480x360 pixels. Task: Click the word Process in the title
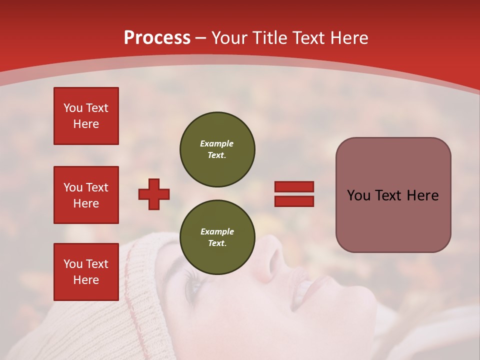[x=157, y=38]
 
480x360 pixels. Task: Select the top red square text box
[x=86, y=116]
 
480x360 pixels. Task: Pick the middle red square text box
[x=86, y=195]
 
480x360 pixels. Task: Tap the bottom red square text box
[x=86, y=271]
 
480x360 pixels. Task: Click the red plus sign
[x=154, y=194]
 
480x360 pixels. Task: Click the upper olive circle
[x=217, y=149]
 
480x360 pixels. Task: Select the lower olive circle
[x=217, y=237]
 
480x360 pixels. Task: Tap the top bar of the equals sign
[x=294, y=187]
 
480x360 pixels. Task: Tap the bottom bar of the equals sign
[x=294, y=201]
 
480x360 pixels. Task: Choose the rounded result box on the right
[x=393, y=195]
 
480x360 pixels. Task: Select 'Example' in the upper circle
[x=217, y=143]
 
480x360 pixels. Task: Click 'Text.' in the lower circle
[x=217, y=243]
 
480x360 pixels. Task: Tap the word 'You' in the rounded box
[x=358, y=195]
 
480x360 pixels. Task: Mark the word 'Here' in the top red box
[x=86, y=124]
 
